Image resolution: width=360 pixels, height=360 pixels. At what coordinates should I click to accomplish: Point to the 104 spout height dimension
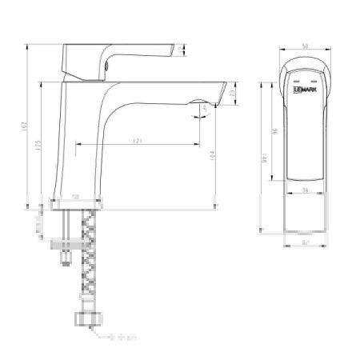pyautogui.click(x=212, y=154)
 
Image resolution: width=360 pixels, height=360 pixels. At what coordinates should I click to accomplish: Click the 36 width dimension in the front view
pyautogui.click(x=306, y=190)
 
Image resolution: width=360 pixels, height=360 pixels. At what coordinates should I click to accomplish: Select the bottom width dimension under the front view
pyautogui.click(x=306, y=241)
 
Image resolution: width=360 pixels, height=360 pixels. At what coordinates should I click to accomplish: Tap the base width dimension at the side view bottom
pyautogui.click(x=76, y=196)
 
